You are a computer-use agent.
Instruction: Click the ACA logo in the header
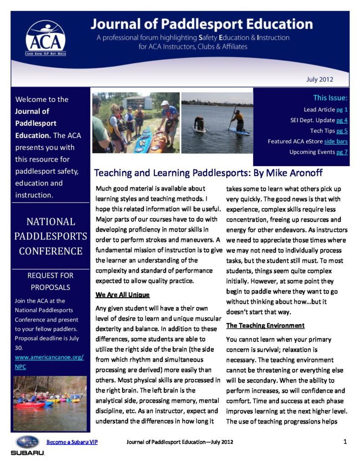(45, 38)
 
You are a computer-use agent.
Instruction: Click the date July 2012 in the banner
(319, 79)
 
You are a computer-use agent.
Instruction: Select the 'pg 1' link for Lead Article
(342, 110)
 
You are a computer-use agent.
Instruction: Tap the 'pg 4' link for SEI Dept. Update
(342, 120)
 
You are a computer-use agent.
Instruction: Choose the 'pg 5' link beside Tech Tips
(342, 131)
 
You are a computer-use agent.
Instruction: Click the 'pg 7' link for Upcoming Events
(342, 152)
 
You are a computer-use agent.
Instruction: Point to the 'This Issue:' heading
(330, 97)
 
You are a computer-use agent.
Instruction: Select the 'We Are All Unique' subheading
(122, 295)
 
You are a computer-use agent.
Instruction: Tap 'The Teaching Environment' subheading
(265, 326)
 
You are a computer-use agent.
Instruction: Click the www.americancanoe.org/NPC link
(49, 361)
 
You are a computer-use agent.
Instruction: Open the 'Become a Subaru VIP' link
(72, 442)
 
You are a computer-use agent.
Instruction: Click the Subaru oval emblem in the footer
(27, 442)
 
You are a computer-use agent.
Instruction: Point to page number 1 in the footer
(345, 442)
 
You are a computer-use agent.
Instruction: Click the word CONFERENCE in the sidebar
(50, 251)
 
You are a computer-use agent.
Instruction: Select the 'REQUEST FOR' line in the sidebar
(50, 275)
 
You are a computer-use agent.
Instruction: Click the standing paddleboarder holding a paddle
(237, 119)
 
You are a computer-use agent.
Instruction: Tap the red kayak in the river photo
(30, 404)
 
